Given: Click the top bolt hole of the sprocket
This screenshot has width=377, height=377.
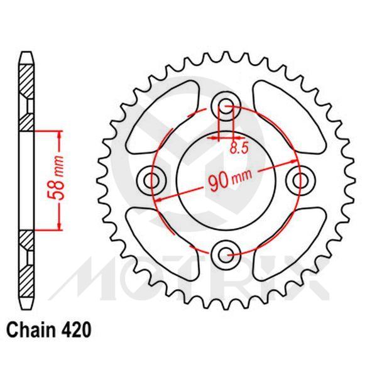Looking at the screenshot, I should point(226,106).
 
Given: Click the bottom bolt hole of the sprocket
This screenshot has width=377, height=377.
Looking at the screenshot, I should point(226,254).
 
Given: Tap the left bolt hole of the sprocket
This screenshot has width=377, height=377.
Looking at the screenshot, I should point(152,180).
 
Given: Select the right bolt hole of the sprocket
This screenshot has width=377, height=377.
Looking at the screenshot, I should point(299,180).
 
